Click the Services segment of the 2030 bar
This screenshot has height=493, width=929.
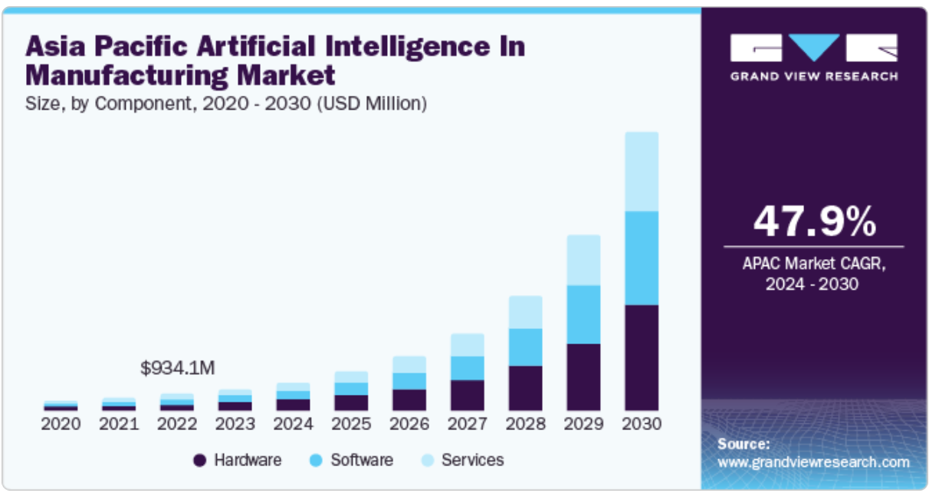coord(642,172)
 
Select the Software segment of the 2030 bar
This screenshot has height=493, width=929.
coord(642,258)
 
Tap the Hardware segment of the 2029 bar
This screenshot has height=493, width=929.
coord(583,376)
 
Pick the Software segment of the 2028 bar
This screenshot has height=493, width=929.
coord(525,347)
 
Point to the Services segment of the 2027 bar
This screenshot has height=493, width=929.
coord(467,345)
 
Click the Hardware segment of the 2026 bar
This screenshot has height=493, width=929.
coord(409,399)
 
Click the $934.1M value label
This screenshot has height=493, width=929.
coord(178,368)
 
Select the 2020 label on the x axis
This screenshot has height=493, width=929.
coord(61,424)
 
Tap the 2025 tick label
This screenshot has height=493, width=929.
coord(351,424)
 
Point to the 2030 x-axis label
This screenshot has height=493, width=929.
coord(642,424)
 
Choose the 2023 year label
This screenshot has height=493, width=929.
coord(235,424)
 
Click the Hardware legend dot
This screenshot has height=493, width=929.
coord(200,461)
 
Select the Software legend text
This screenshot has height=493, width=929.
coord(362,460)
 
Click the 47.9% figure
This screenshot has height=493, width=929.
coord(814,222)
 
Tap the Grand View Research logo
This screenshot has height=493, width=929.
coord(813,57)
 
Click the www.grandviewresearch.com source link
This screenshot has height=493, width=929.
coord(813,462)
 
